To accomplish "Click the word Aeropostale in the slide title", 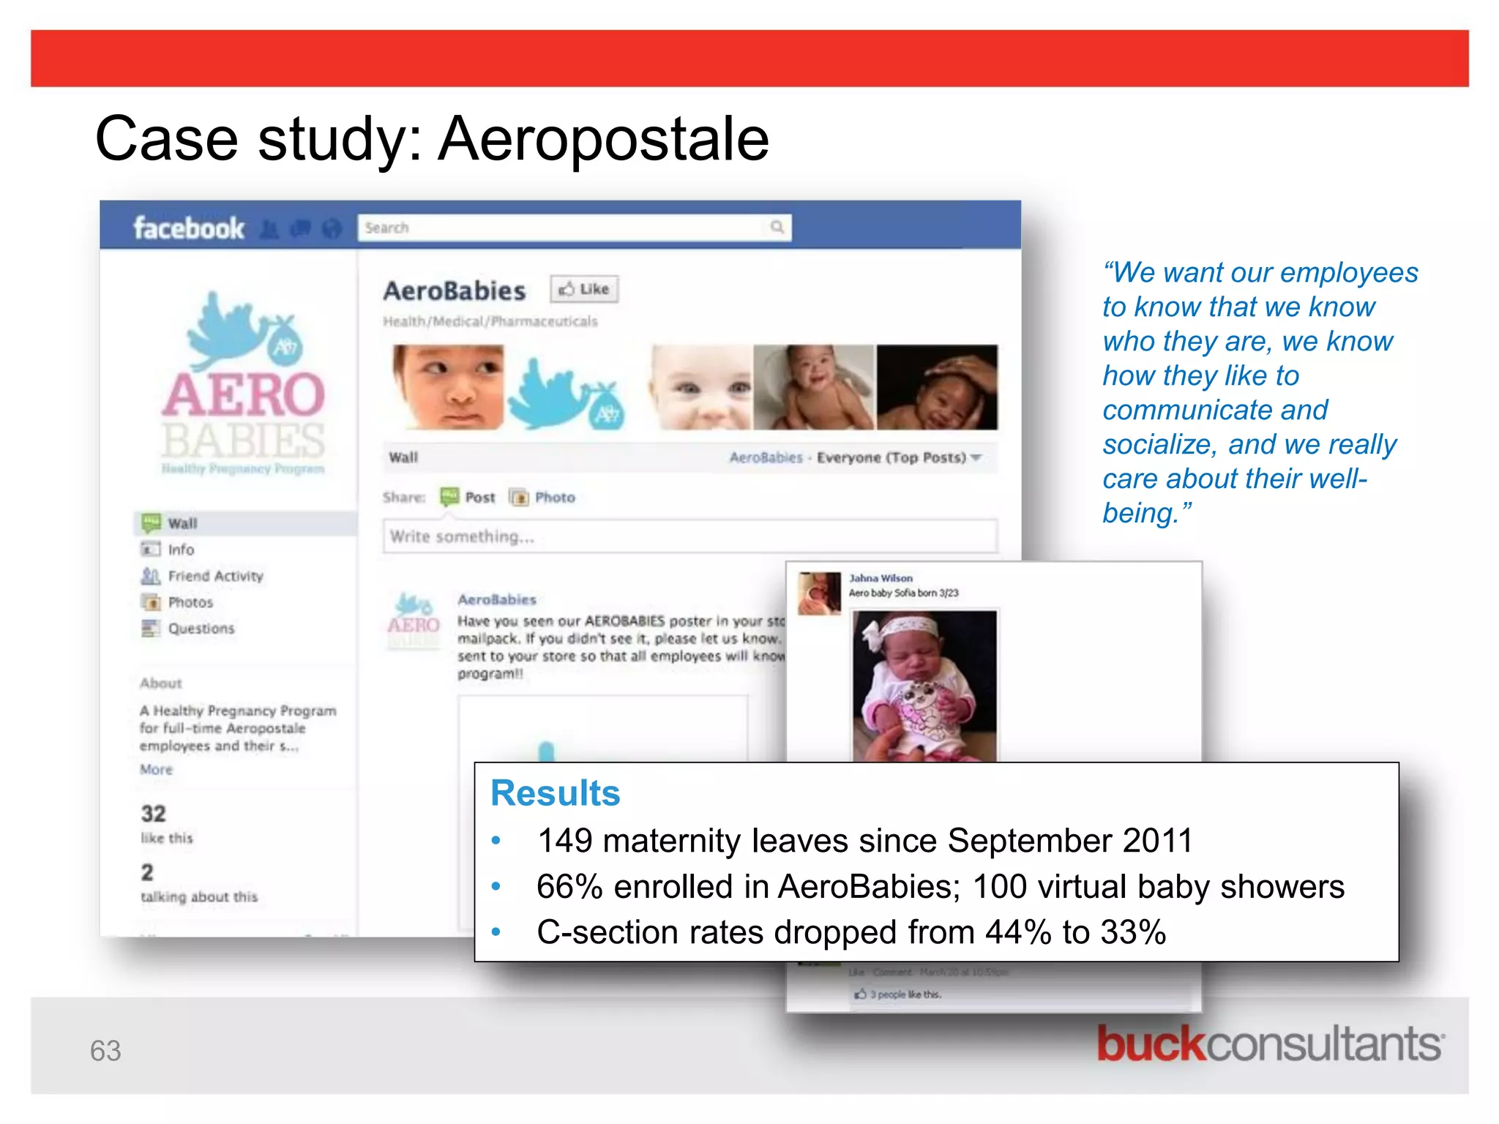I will click(x=603, y=139).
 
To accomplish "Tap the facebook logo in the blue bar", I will click(x=188, y=228).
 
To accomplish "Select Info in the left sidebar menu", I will click(x=181, y=550).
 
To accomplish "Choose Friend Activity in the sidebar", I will click(x=214, y=576).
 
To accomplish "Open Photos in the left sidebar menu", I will click(x=190, y=602).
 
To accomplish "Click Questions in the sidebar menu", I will click(x=201, y=629).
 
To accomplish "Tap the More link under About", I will click(x=156, y=769).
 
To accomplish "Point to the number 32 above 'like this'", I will click(x=154, y=814).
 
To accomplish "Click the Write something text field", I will click(x=688, y=536).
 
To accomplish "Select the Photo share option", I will click(x=554, y=498).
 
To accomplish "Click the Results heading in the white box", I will click(x=555, y=793).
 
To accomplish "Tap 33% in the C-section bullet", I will click(x=1132, y=933).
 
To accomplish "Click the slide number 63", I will click(x=105, y=1051).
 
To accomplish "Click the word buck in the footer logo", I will click(x=1150, y=1044).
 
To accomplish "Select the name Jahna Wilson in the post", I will click(x=881, y=578).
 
